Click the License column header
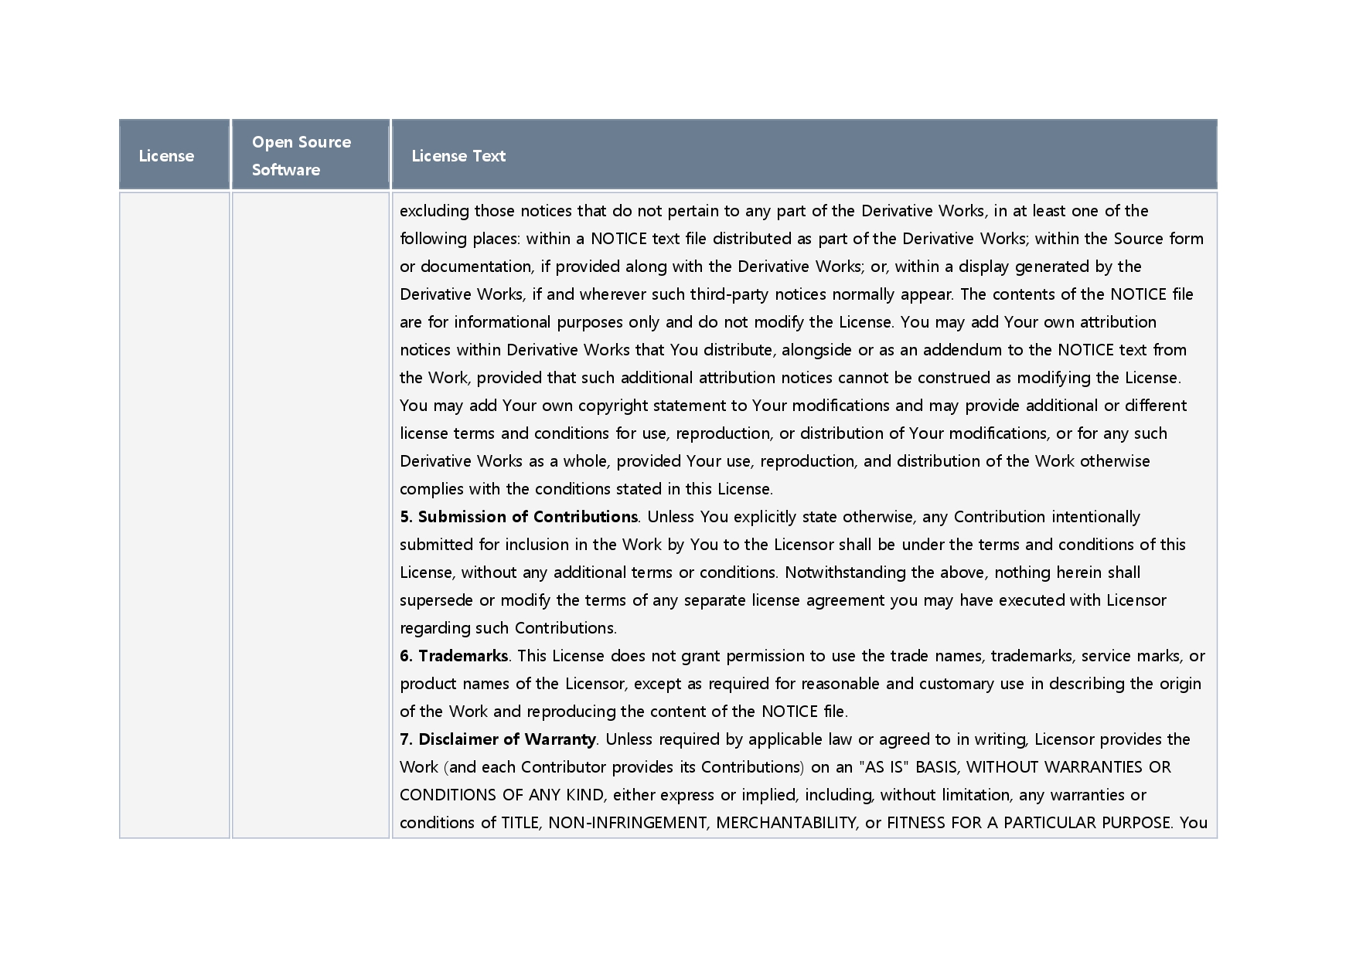(x=166, y=156)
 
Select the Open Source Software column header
(x=301, y=155)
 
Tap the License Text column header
(x=458, y=156)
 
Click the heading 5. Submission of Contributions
(x=519, y=517)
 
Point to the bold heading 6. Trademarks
(x=454, y=656)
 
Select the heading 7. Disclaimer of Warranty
(x=498, y=739)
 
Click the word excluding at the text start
(x=434, y=211)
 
